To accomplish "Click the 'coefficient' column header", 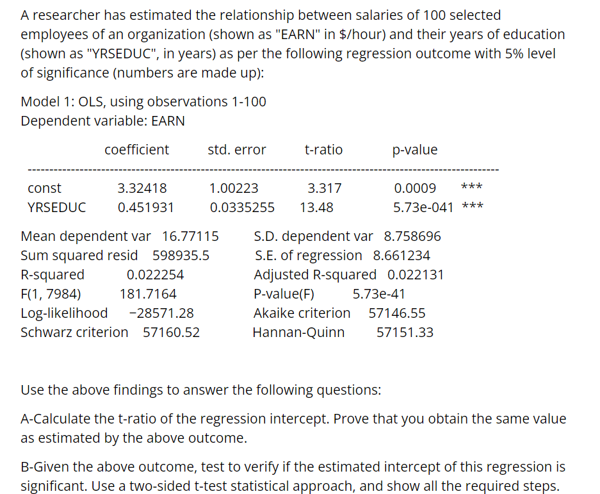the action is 137,150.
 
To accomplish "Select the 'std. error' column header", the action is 237,150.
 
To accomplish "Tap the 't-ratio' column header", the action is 323,150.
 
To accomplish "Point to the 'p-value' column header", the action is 415,150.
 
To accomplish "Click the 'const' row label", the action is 45,188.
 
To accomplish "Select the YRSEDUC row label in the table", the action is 57,208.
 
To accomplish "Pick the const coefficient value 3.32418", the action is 142,188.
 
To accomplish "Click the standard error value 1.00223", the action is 234,188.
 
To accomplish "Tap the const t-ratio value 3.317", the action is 325,188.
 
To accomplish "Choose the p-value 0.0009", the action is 415,188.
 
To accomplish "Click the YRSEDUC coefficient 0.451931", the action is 146,208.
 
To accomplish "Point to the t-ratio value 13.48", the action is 316,208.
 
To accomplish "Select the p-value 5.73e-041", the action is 423,208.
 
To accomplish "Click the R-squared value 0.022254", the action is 155,275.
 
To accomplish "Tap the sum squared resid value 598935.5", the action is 181,256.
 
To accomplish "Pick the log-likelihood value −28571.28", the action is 161,313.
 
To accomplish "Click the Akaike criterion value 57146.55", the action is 397,313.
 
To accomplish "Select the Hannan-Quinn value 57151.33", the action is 405,333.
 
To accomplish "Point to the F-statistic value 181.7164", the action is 149,294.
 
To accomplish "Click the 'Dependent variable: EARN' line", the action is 102,121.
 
